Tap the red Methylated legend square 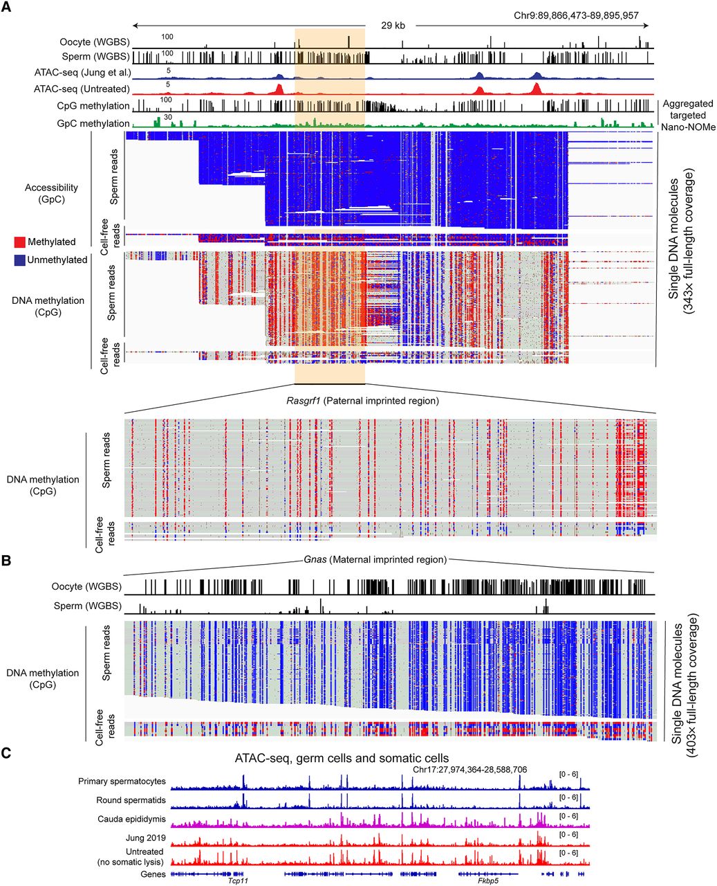(20, 242)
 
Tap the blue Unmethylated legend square (20, 260)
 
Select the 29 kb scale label (393, 26)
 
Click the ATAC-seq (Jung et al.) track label (82, 72)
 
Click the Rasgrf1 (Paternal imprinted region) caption (362, 401)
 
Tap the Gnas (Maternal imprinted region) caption (375, 559)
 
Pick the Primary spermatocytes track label (122, 781)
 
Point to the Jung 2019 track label (144, 838)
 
